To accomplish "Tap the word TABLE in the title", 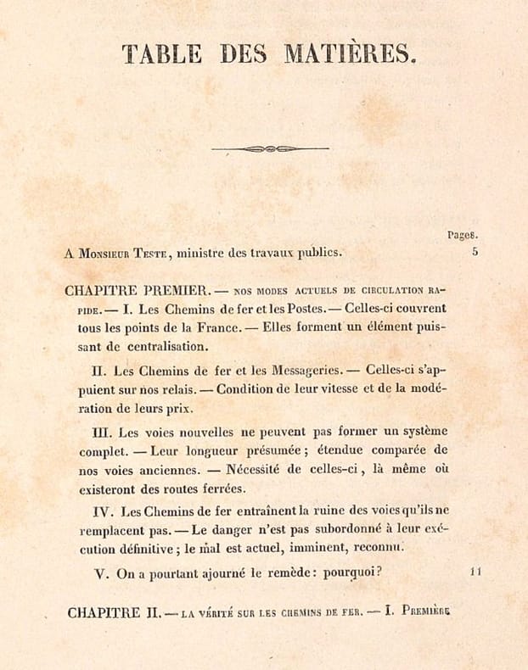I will point(162,55).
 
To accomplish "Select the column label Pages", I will point(463,235).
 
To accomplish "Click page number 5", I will point(475,251).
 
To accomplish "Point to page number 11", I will point(475,572).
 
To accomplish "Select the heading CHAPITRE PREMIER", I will point(137,290).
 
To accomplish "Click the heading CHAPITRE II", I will point(113,611).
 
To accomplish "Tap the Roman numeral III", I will point(102,431).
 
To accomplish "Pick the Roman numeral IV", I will point(103,511).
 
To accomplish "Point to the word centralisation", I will point(169,347).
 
